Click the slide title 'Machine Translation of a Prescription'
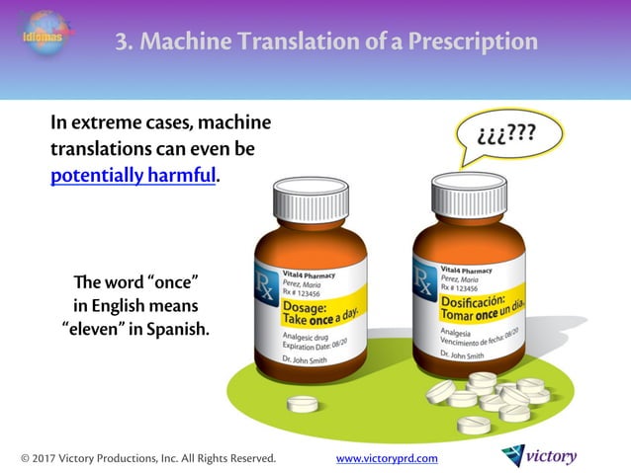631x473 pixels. pos(326,41)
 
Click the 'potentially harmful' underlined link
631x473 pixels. pos(133,177)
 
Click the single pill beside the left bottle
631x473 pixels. pos(302,404)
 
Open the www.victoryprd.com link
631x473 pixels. pos(387,458)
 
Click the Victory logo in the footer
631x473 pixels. pos(539,456)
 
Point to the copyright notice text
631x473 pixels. pos(148,458)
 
